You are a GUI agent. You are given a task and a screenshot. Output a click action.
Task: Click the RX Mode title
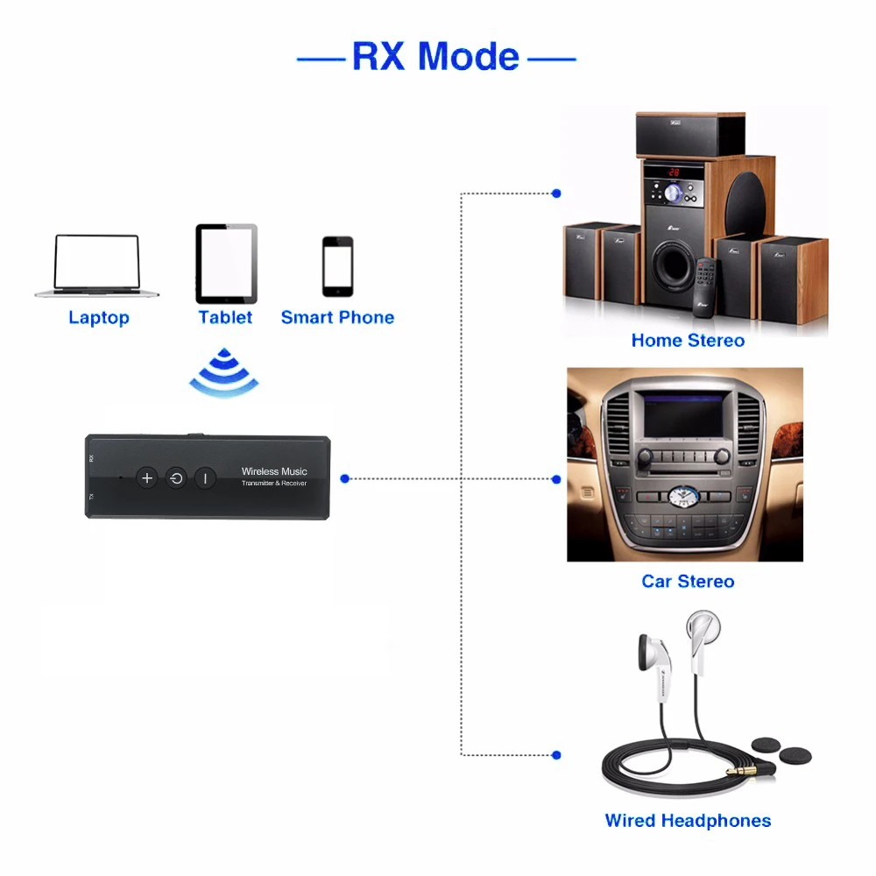(x=435, y=56)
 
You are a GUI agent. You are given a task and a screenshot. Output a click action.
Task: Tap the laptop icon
(x=98, y=265)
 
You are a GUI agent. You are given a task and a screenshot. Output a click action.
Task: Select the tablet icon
(x=226, y=264)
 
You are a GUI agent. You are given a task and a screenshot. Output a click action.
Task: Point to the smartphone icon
(x=337, y=266)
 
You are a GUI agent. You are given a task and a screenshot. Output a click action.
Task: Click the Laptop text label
(x=98, y=318)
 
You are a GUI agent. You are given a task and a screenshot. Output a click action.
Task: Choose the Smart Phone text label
(x=337, y=318)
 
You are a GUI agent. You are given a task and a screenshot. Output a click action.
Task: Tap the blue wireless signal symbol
(x=225, y=372)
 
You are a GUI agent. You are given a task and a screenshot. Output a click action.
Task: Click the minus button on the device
(x=205, y=477)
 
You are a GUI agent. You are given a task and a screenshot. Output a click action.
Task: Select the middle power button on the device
(x=176, y=477)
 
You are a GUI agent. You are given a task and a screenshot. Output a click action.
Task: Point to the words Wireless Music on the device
(x=274, y=471)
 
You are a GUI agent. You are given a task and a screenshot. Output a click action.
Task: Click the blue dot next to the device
(x=345, y=478)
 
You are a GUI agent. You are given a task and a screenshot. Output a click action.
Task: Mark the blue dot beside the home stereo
(x=556, y=193)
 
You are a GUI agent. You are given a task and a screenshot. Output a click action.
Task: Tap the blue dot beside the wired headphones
(x=556, y=754)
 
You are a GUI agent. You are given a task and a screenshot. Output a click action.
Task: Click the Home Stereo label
(x=688, y=341)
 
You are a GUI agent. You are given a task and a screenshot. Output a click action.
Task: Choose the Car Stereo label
(x=688, y=581)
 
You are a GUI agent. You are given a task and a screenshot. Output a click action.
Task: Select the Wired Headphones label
(x=688, y=821)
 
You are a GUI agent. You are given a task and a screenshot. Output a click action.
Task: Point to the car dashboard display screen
(x=684, y=414)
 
